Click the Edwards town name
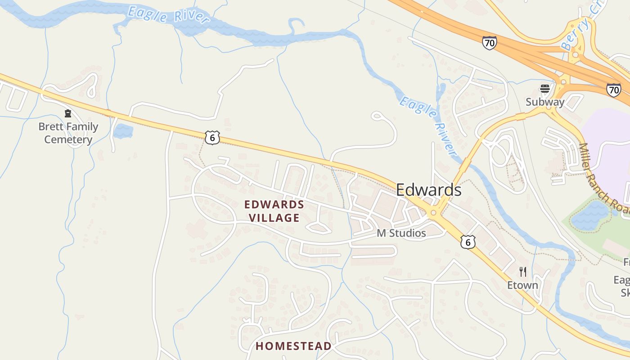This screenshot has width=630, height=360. pyautogui.click(x=428, y=190)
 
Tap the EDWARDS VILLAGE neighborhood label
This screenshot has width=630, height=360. pyautogui.click(x=274, y=211)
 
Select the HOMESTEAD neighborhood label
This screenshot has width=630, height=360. pyautogui.click(x=293, y=346)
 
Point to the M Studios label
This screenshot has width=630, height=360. pyautogui.click(x=401, y=233)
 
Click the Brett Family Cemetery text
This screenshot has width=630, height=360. pyautogui.click(x=68, y=133)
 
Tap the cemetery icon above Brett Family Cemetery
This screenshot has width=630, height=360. pyautogui.click(x=68, y=113)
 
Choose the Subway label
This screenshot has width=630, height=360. pyautogui.click(x=545, y=102)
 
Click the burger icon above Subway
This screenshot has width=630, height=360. pyautogui.click(x=545, y=88)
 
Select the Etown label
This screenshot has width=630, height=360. pyautogui.click(x=522, y=285)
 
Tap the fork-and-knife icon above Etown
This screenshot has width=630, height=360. pyautogui.click(x=522, y=272)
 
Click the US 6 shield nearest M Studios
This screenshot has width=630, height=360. pyautogui.click(x=468, y=243)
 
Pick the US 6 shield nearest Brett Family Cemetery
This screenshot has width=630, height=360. pyautogui.click(x=212, y=138)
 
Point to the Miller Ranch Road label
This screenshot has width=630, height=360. pyautogui.click(x=604, y=179)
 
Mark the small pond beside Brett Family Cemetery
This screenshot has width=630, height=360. pyautogui.click(x=123, y=131)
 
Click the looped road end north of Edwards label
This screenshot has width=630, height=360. pyautogui.click(x=376, y=117)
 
